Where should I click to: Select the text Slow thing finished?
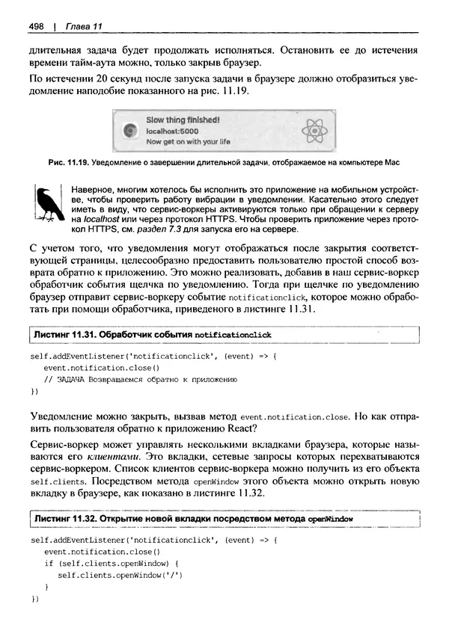tap(183, 120)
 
